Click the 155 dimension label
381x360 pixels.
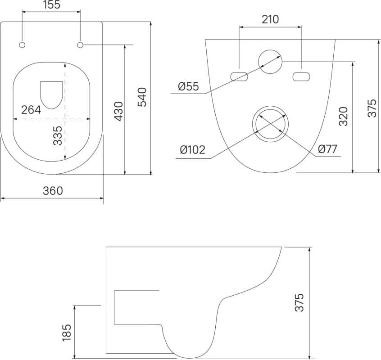[x=52, y=5]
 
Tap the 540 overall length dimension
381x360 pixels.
[x=142, y=97]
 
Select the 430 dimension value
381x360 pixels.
[x=119, y=112]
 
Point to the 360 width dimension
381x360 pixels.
[x=53, y=191]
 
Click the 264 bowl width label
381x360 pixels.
[x=31, y=110]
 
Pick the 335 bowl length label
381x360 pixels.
[x=58, y=135]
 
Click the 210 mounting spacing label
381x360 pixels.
[x=270, y=20]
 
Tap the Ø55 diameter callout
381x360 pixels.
[x=188, y=86]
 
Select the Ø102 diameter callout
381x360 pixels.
[x=192, y=150]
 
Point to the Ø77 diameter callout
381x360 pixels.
[x=327, y=149]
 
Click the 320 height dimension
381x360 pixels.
[x=344, y=116]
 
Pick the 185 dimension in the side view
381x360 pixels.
[x=67, y=333]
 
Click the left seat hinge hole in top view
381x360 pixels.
[x=22, y=45]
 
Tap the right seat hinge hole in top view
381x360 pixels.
[x=80, y=45]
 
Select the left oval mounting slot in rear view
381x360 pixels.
[x=239, y=76]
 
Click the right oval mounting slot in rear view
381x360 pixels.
[x=301, y=76]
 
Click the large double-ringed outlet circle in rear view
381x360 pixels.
[x=270, y=106]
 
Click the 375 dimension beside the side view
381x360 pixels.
[x=299, y=302]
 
